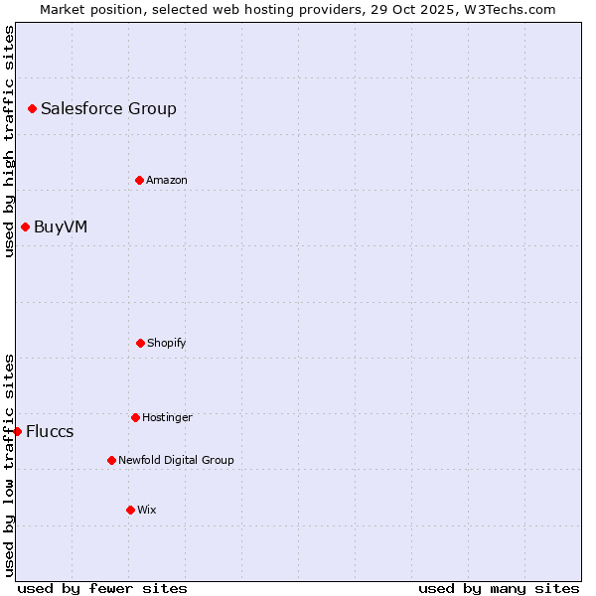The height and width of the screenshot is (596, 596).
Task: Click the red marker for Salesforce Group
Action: tap(32, 108)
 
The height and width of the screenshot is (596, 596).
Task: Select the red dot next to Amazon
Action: tap(139, 180)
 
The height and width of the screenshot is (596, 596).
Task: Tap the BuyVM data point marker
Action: tap(25, 226)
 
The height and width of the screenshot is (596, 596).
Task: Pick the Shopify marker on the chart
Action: tap(140, 343)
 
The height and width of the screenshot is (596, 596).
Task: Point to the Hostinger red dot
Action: tap(135, 417)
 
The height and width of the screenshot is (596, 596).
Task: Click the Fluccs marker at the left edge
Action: tap(18, 431)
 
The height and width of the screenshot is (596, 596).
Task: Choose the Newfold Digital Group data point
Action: tap(111, 460)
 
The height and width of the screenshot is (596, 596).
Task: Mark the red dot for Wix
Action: tap(130, 510)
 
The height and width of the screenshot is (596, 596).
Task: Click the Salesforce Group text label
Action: tap(108, 108)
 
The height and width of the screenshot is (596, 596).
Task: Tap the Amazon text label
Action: tap(167, 180)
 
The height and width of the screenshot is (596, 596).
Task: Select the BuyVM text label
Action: tap(61, 226)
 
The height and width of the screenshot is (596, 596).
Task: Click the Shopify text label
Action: tap(167, 343)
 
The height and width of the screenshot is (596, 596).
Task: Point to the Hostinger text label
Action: tap(167, 417)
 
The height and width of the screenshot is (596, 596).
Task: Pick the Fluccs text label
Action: tap(50, 431)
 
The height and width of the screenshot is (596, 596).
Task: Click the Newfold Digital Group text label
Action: tap(176, 460)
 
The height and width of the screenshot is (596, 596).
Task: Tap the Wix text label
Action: tap(147, 510)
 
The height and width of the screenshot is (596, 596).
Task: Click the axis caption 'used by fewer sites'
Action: tap(102, 588)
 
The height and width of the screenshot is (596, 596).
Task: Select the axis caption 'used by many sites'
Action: tap(499, 588)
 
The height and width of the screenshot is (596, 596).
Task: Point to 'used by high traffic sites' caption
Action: tap(9, 141)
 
